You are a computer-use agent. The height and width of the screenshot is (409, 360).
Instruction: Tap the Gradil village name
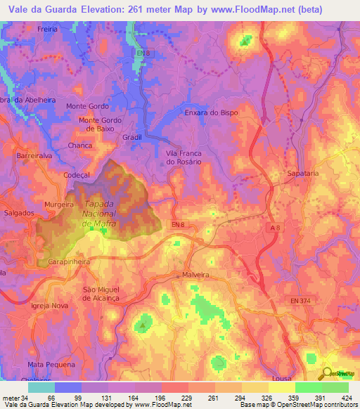coord(131,137)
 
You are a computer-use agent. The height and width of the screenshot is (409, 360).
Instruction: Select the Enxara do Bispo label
coord(211,112)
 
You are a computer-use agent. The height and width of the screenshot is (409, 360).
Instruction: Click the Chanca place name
coord(80,145)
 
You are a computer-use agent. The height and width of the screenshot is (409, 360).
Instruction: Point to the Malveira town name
coord(197,275)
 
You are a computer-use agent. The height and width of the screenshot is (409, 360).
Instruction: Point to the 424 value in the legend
coord(348,398)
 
